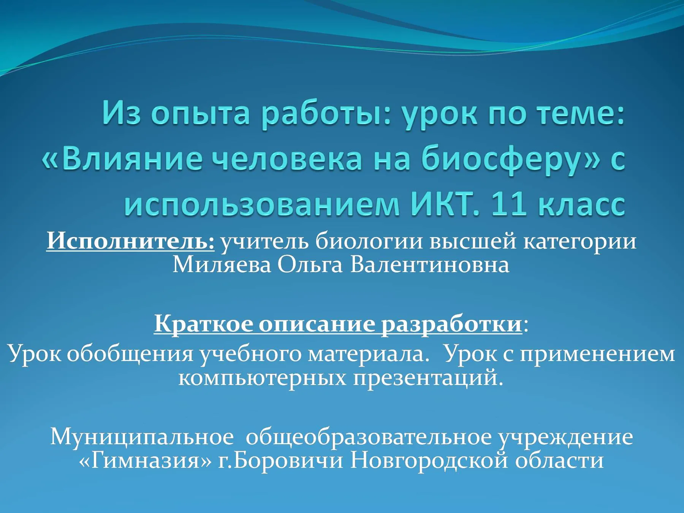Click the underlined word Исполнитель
(130, 241)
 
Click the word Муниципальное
(142, 437)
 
